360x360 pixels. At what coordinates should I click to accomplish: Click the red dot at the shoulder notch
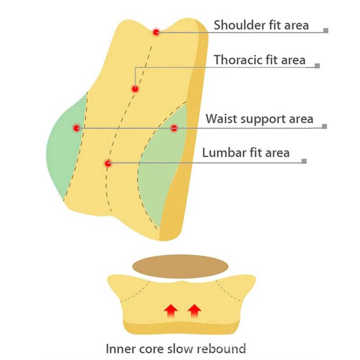tap(156, 32)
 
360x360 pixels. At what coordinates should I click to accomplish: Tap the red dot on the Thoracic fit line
tap(134, 89)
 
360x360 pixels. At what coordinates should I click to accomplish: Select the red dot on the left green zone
tap(76, 128)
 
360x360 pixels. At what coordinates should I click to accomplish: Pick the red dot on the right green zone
tap(174, 128)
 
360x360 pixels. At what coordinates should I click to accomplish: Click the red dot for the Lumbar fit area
tap(107, 163)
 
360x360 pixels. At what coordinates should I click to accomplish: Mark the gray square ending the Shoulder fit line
tap(326, 31)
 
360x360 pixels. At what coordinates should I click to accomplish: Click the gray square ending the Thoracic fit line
tap(317, 66)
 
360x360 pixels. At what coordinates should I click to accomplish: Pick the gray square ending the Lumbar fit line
tap(304, 161)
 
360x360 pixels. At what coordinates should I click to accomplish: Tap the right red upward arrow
tap(194, 310)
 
